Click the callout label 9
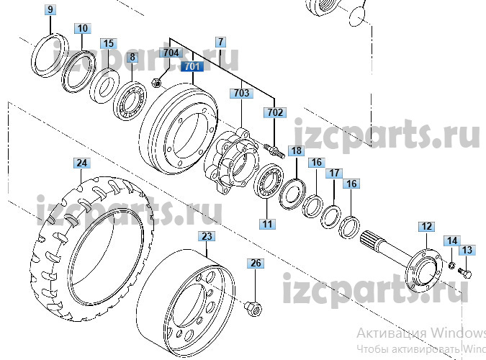(50, 10)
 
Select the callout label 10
(83, 28)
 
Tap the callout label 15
(108, 44)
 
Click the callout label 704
(171, 53)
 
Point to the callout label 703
(240, 94)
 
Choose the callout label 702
(275, 112)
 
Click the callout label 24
(82, 163)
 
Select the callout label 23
(207, 235)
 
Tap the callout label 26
(256, 264)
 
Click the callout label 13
(467, 250)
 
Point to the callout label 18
(297, 150)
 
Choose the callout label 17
(334, 174)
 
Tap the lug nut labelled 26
(253, 307)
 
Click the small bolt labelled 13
(463, 273)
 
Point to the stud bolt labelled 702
(274, 148)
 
